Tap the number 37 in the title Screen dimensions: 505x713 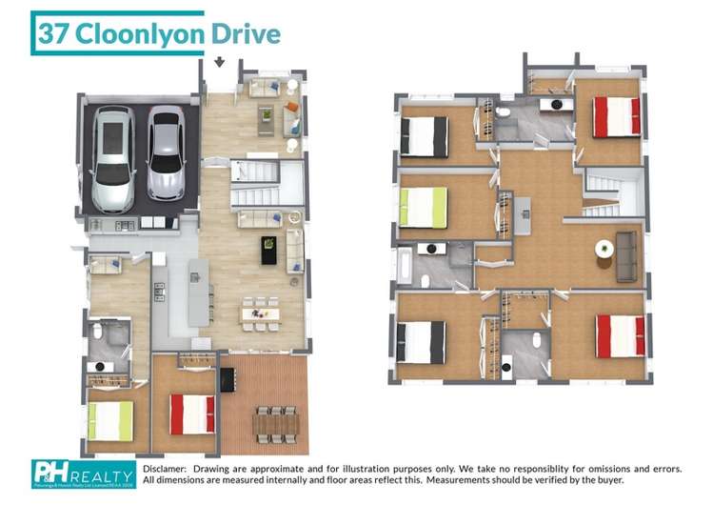[x=53, y=34]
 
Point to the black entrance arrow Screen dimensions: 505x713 [x=220, y=64]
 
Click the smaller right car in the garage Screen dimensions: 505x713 [x=166, y=151]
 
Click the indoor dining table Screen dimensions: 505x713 [x=259, y=313]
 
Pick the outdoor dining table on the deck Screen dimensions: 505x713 [x=276, y=420]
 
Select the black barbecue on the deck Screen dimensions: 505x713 [x=227, y=379]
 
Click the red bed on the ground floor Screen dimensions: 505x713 [x=191, y=414]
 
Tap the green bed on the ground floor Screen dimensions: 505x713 [x=110, y=420]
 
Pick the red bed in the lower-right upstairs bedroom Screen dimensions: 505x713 [x=619, y=335]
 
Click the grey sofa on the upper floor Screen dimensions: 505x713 [x=626, y=256]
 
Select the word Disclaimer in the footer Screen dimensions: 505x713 [x=167, y=469]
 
